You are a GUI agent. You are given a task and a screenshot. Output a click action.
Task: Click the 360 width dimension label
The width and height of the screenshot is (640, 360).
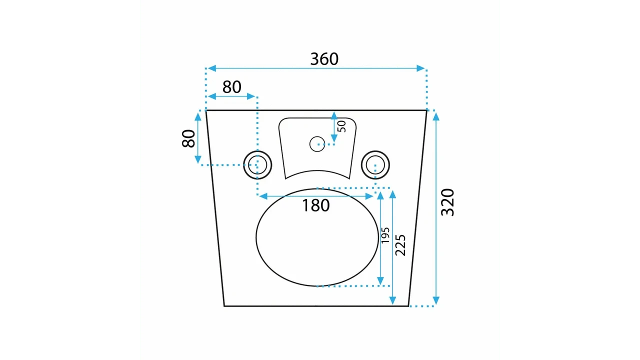coord(324,59)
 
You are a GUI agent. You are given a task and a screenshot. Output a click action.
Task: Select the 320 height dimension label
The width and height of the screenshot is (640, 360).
coord(447,202)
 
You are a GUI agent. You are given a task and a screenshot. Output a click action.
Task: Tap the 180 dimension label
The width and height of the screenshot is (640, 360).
coord(315,205)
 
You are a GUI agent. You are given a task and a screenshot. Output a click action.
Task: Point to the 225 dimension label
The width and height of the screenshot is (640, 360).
coord(400,245)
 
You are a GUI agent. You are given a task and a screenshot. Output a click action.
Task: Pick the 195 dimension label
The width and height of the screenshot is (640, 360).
coord(385,235)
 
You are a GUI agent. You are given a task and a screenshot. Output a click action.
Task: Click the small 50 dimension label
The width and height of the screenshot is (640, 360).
coord(341,126)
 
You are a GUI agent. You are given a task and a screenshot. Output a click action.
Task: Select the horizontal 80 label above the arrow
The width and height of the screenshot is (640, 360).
coord(231,87)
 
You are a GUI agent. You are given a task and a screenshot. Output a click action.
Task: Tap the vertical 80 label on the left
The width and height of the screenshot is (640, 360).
coord(188,138)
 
